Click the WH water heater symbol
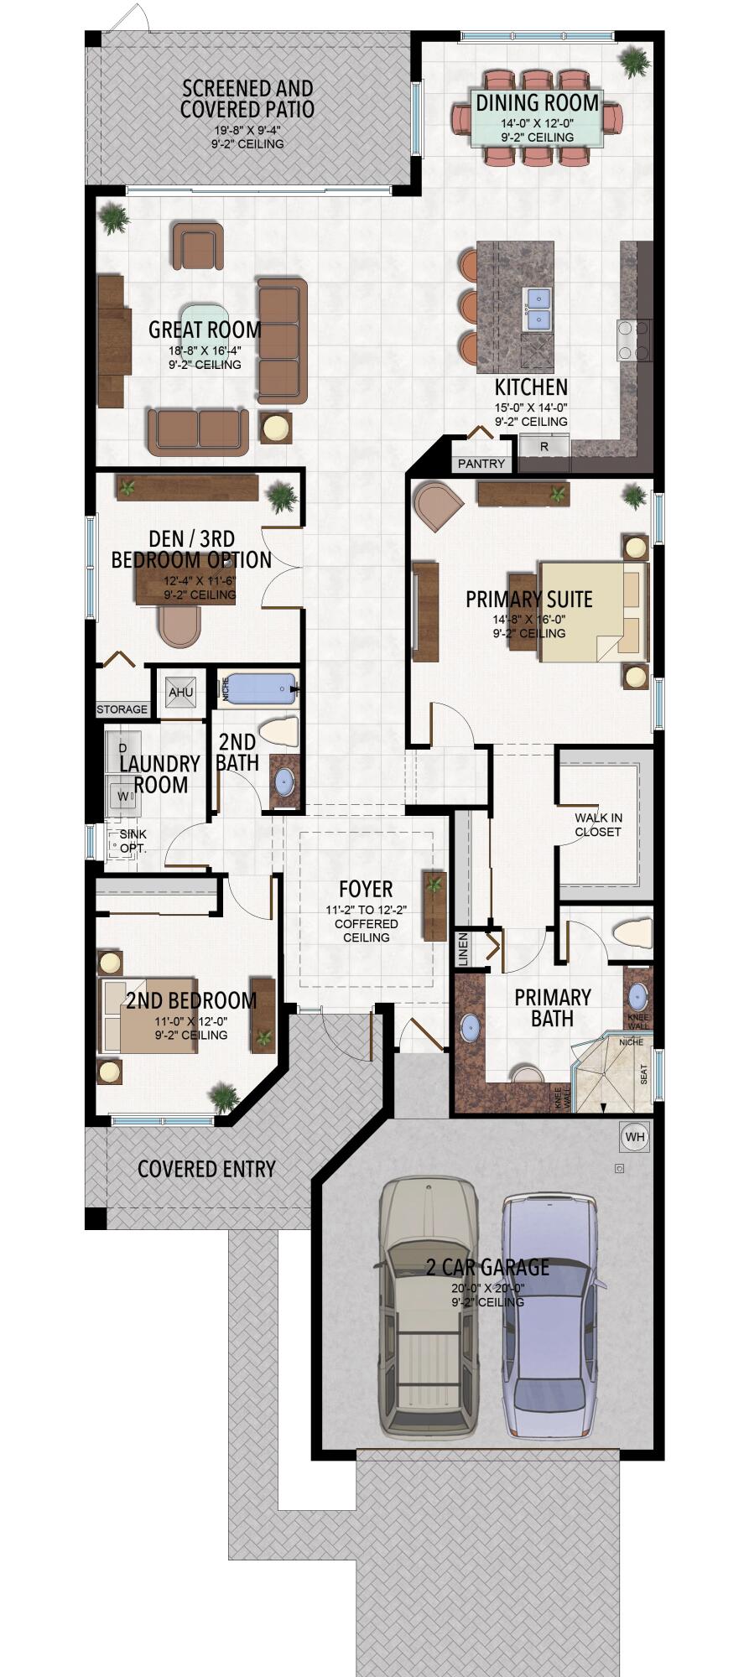click(x=635, y=1137)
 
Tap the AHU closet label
click(x=181, y=692)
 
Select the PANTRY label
click(x=481, y=464)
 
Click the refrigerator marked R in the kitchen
click(x=544, y=446)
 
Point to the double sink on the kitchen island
click(x=537, y=308)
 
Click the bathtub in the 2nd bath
click(x=261, y=689)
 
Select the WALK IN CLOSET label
click(x=597, y=824)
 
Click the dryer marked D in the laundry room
click(x=123, y=747)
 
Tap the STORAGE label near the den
click(x=122, y=709)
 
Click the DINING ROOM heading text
click(x=537, y=103)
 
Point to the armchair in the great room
click(x=199, y=247)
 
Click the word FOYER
click(x=366, y=889)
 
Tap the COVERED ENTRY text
click(x=206, y=1169)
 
